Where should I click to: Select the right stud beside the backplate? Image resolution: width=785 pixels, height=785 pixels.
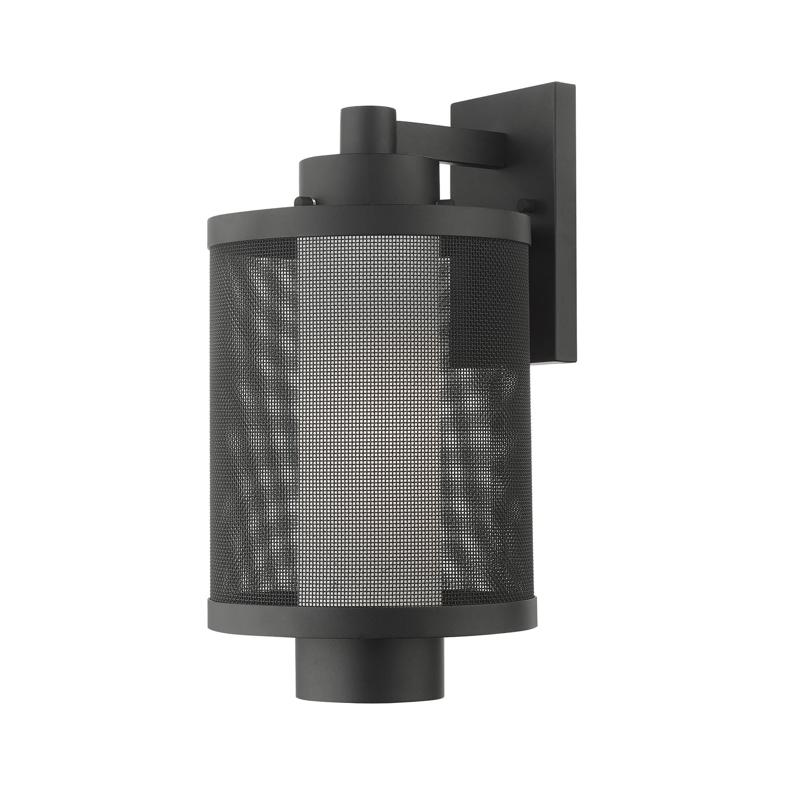point(525,205)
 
